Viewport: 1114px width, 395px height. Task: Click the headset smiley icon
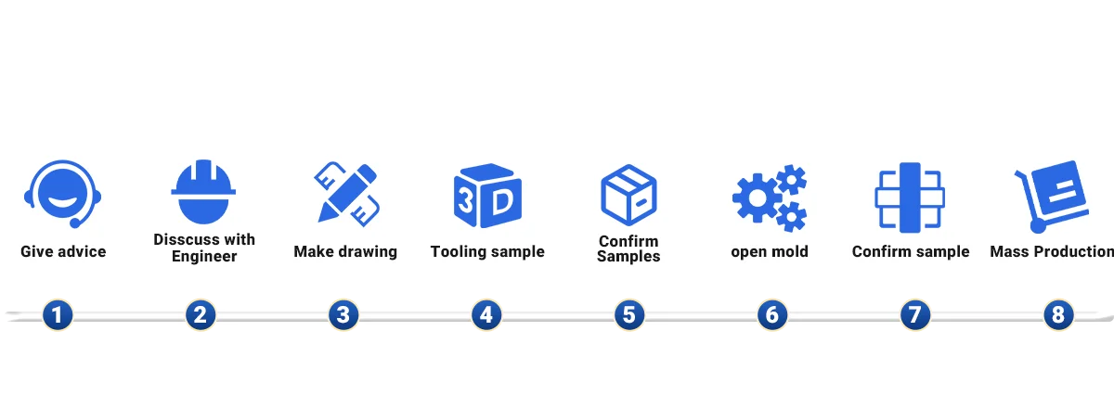62,194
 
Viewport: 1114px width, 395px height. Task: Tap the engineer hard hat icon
203,192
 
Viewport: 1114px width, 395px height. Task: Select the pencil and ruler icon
345,193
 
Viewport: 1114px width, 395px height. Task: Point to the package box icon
628,195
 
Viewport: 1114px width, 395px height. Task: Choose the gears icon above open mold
770,197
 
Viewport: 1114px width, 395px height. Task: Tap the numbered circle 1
58,315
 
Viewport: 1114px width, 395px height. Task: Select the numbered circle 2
201,315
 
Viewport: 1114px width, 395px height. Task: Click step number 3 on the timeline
343,315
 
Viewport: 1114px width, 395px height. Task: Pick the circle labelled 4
486,315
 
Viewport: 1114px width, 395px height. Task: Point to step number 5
628,315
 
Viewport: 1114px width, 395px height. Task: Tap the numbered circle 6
771,315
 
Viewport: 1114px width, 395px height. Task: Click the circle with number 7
914,315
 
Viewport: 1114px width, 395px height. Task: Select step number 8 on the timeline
1057,315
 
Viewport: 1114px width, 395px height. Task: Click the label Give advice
63,251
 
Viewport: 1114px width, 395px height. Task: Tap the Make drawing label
345,251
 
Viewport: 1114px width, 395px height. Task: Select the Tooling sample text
487,251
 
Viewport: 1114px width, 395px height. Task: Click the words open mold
770,251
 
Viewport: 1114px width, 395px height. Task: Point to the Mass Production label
1053,251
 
